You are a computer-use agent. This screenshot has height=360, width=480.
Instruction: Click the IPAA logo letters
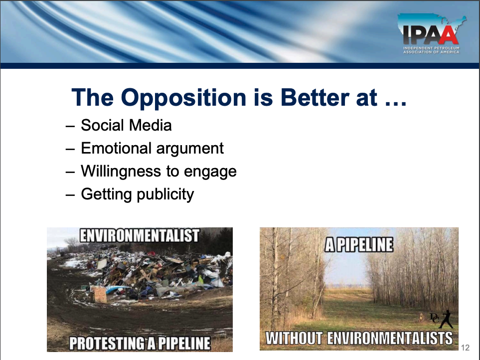point(431,35)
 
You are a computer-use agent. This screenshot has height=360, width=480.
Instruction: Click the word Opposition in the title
point(183,98)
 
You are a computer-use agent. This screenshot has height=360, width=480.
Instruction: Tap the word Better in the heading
point(315,98)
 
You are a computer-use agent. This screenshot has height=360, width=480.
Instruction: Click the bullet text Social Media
point(126,125)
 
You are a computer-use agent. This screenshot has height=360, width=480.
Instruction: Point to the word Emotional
point(116,148)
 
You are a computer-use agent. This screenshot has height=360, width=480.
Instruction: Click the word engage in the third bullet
point(210,172)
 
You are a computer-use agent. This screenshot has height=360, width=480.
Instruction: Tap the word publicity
point(165,194)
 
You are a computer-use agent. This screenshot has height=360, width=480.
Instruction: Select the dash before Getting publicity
point(70,195)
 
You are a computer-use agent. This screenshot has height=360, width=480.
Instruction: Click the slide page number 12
point(465,348)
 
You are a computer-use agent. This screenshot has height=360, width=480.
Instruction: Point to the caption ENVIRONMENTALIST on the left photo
point(140,235)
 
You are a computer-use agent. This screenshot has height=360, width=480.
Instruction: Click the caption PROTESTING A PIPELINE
point(140,343)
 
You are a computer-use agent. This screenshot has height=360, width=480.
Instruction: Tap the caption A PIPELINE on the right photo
point(359,245)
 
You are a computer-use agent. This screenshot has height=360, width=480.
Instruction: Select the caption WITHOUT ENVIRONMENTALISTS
point(359,338)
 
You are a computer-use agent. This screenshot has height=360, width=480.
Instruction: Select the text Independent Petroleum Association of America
point(431,50)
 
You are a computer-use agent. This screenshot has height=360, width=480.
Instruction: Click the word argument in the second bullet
point(190,149)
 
